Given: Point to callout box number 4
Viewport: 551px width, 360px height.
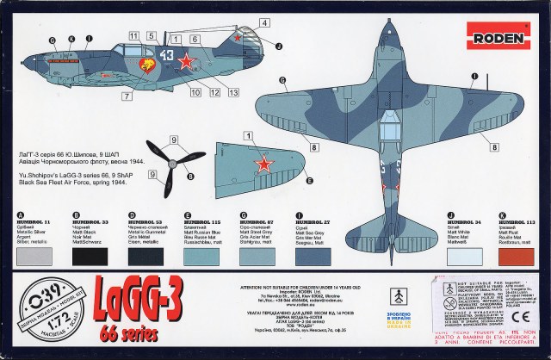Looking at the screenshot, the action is point(264,22).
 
